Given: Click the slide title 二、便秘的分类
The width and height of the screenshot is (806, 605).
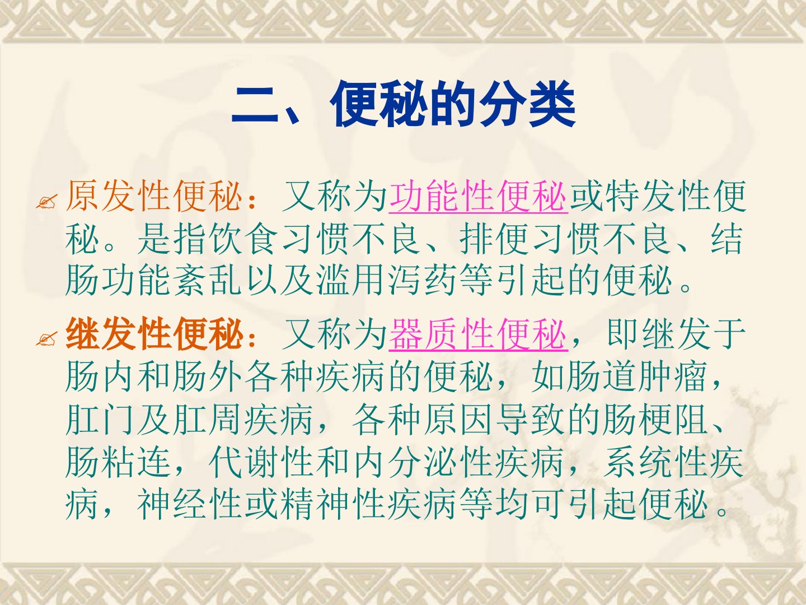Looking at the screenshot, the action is [403, 104].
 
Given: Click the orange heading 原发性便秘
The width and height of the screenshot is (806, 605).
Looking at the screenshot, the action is [153, 196].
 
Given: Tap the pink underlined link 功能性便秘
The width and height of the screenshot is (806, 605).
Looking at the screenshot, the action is [478, 196].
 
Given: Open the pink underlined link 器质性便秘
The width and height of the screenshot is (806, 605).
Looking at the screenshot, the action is [478, 334].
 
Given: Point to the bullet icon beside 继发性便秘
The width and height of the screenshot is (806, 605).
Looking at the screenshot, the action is [46, 339].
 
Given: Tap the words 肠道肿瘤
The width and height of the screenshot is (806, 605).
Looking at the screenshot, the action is [637, 377].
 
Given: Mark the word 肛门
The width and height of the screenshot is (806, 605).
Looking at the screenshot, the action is [100, 420].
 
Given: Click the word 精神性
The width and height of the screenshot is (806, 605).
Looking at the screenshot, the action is [334, 504].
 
